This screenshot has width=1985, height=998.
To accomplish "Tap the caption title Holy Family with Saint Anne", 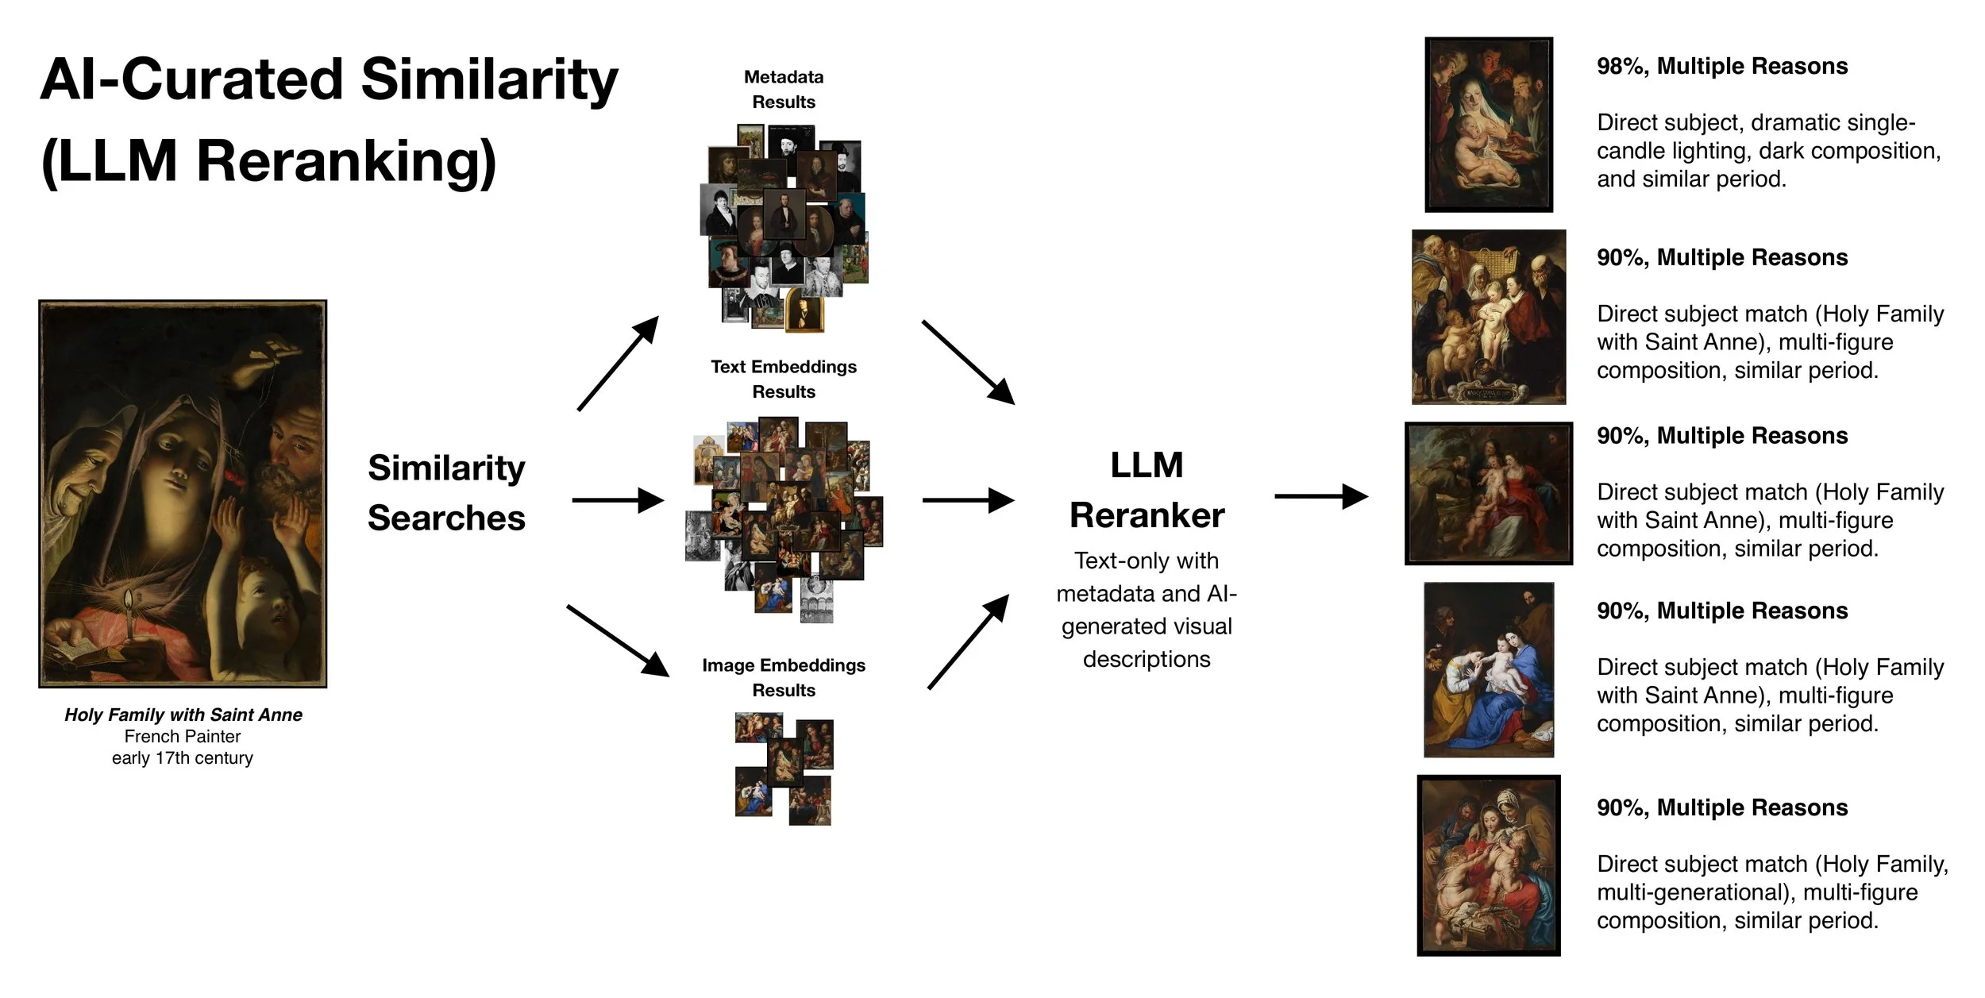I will (x=183, y=715).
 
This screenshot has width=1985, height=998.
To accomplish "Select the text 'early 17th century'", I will (x=183, y=758).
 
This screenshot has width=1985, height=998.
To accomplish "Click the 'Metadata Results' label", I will (x=784, y=90).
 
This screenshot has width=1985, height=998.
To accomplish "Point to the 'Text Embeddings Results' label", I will (x=784, y=379).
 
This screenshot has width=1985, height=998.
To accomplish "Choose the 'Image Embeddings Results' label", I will (x=784, y=677).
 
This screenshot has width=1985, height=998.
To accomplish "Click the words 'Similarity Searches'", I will (x=446, y=492).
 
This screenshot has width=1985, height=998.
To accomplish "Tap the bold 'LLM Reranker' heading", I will (x=1147, y=490).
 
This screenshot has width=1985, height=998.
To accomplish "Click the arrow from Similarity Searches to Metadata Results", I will (x=619, y=363).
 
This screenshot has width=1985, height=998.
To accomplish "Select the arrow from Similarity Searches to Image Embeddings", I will (x=618, y=641).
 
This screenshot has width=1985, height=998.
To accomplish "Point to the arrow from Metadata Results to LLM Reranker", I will (x=968, y=362).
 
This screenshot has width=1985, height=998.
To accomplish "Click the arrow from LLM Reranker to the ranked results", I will (x=1320, y=496).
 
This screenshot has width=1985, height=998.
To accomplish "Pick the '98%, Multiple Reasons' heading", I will (x=1722, y=66).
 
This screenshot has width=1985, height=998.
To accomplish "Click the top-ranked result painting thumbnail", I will (x=1489, y=125).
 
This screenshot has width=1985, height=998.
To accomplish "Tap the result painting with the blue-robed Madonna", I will (x=1489, y=670).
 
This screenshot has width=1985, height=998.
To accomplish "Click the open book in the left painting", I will (x=79, y=653).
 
